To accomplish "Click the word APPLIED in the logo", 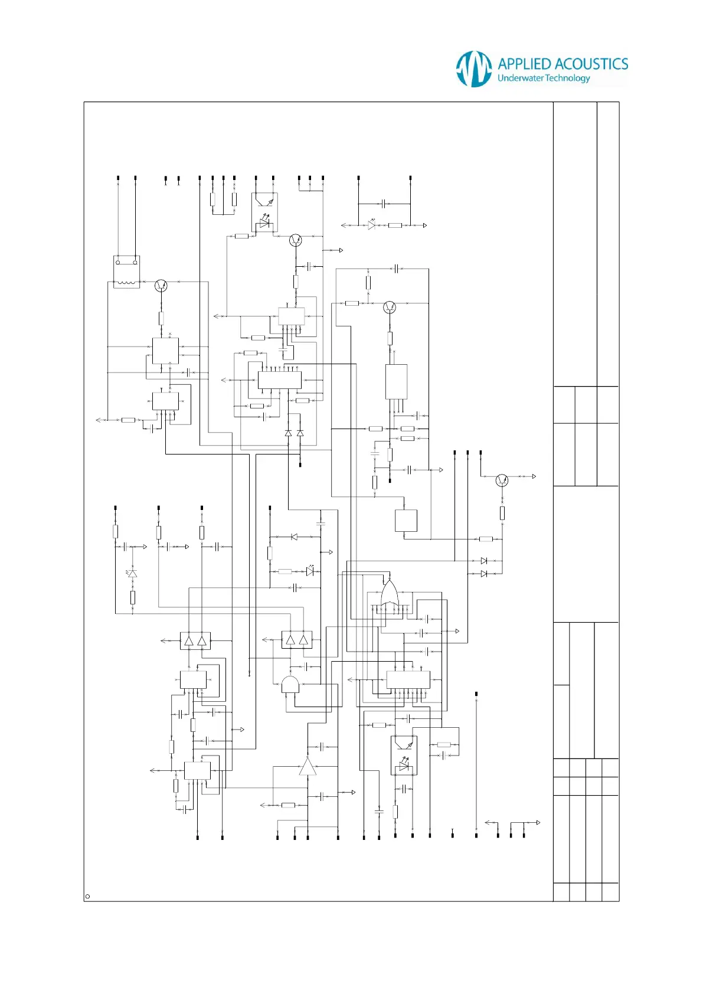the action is [x=524, y=64].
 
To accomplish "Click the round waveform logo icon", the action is [x=474, y=68].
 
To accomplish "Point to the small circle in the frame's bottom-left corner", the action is [x=88, y=897].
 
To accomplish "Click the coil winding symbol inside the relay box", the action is [x=126, y=283].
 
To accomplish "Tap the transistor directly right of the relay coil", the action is [x=161, y=286].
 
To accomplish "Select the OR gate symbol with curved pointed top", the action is [x=390, y=592].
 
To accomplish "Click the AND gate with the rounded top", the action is [x=290, y=684].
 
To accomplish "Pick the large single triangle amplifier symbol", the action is [x=308, y=766].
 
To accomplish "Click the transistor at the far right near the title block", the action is [x=502, y=480].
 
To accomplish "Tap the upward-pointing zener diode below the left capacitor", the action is [x=132, y=573].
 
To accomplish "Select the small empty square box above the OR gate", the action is [x=406, y=521].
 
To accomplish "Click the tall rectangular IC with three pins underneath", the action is [x=396, y=382].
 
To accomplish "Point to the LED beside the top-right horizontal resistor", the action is [x=371, y=225].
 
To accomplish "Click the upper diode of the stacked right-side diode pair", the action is [x=484, y=561].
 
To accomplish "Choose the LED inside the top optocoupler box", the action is [x=265, y=224].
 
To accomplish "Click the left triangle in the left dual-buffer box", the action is [x=189, y=641].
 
